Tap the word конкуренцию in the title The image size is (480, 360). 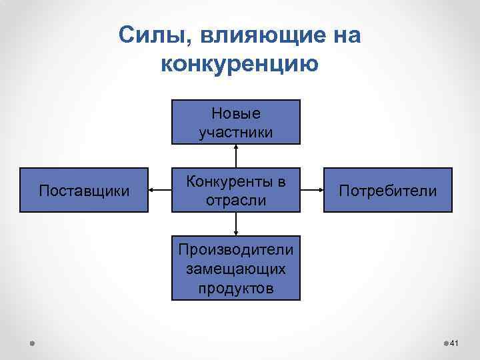pos(240,64)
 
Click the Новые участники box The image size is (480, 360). pos(236,122)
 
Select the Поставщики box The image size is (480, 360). pos(84,191)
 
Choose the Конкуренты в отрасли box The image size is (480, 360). pos(236,191)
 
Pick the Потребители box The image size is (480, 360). pos(387,191)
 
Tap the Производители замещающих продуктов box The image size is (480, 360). pos(236,269)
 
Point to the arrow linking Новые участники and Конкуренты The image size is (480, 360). pos(236,156)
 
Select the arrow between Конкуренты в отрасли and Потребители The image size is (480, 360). pos(312,191)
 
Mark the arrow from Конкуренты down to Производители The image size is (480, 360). pos(236,225)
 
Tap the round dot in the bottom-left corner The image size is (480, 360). pos(32,343)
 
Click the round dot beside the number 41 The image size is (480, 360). pos(446,343)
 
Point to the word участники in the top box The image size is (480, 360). pos(236,132)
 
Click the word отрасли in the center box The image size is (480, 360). pos(236,200)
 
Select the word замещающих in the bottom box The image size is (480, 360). pos(236,269)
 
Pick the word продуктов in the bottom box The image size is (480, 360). pos(236,288)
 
